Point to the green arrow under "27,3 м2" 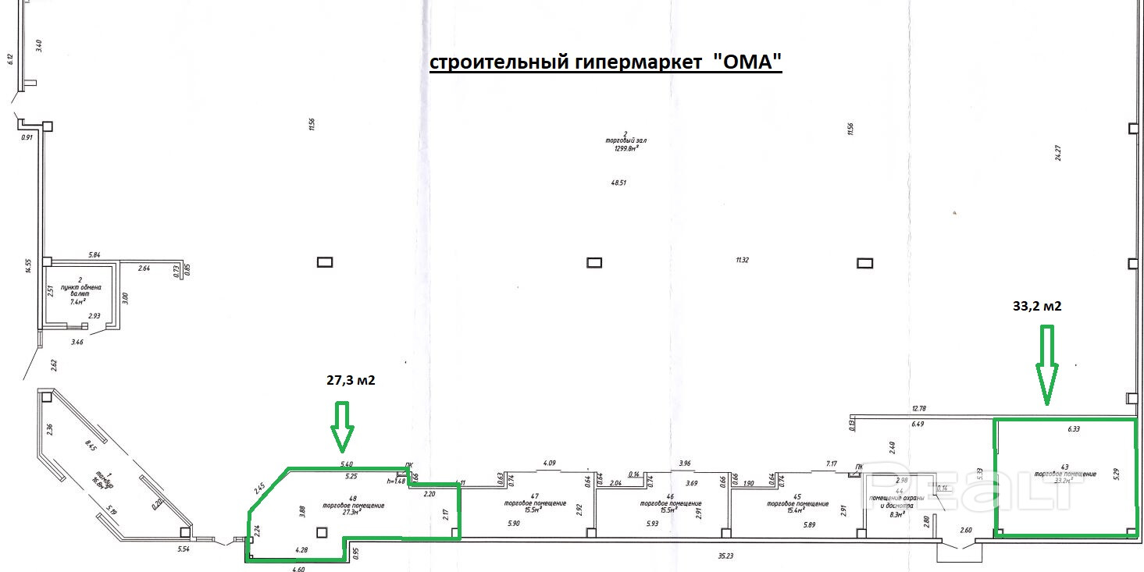click(x=342, y=427)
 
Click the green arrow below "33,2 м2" click(x=1046, y=364)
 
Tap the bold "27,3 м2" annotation click(x=351, y=381)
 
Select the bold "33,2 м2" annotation click(x=1036, y=307)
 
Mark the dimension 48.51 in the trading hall click(x=618, y=183)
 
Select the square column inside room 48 click(x=322, y=532)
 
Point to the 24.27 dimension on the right click(x=1058, y=152)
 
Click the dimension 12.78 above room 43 click(x=918, y=409)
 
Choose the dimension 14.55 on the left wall click(x=27, y=267)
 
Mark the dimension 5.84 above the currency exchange click(x=95, y=254)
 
